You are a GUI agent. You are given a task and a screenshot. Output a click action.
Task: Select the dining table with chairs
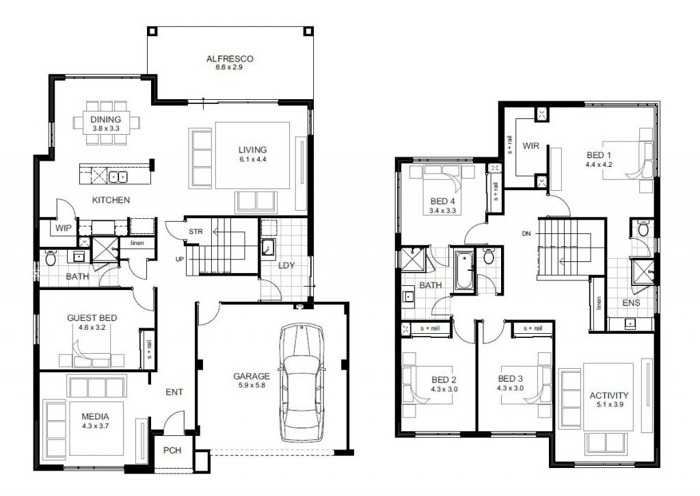click(x=105, y=123)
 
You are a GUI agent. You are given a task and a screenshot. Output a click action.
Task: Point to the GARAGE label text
click(x=251, y=376)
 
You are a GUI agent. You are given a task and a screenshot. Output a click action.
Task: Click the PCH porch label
click(x=171, y=452)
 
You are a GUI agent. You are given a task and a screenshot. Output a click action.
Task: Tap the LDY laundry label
click(x=286, y=265)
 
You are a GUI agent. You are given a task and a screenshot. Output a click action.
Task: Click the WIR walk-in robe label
click(x=532, y=146)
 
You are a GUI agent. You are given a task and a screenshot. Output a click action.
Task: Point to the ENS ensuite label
click(x=631, y=302)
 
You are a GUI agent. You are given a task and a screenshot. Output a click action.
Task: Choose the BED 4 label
click(x=442, y=201)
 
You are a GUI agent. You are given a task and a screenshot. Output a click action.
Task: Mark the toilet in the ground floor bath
click(x=49, y=258)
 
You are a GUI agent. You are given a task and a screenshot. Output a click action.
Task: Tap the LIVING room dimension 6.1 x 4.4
click(x=252, y=160)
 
